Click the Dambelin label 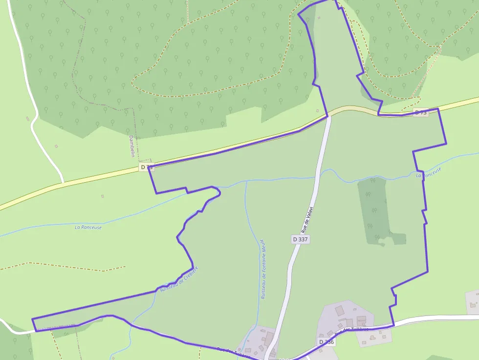click(x=132, y=146)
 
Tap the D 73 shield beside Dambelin click(x=146, y=167)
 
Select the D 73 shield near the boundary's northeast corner click(x=420, y=112)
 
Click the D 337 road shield click(x=301, y=239)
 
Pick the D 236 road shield click(x=327, y=342)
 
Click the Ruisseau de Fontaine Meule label click(x=262, y=269)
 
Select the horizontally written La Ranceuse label click(x=88, y=227)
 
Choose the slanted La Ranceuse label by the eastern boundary click(x=429, y=172)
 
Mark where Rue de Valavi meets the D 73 click(x=328, y=116)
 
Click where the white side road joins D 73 click(x=63, y=183)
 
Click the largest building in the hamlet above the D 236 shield click(x=340, y=310)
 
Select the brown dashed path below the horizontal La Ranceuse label click(x=64, y=267)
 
